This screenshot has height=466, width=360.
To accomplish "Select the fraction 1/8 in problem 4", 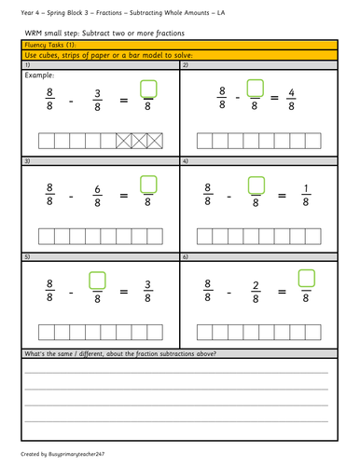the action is point(306,193).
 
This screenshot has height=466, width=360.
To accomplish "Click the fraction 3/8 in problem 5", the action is point(149,286).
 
